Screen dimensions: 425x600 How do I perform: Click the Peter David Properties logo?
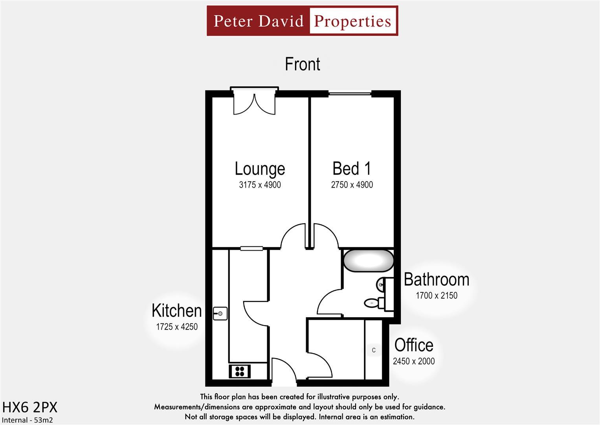pos(302,21)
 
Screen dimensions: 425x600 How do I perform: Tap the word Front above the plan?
pos(302,64)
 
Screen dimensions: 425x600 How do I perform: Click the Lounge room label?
pos(260,168)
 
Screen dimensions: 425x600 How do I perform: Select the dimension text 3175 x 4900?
pos(260,185)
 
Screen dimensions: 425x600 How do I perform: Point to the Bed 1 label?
pos(352,168)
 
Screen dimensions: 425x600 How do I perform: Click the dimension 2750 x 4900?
pos(352,185)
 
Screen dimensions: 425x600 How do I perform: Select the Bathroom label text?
pos(436,279)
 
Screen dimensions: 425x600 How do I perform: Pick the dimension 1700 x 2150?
pos(436,296)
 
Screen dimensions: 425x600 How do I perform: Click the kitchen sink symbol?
pos(220,314)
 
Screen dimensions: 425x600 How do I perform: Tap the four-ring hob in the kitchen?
pos(239,371)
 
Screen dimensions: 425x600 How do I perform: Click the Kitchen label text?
pos(177,310)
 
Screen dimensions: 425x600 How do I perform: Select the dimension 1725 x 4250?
pos(177,327)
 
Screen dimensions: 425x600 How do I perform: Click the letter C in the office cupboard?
pos(374,350)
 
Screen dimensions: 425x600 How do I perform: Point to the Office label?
pos(414,345)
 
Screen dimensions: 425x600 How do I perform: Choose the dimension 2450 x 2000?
pos(414,361)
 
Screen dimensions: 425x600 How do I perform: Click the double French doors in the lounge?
pos(254,103)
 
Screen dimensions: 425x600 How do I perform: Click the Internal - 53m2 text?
pos(28,420)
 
